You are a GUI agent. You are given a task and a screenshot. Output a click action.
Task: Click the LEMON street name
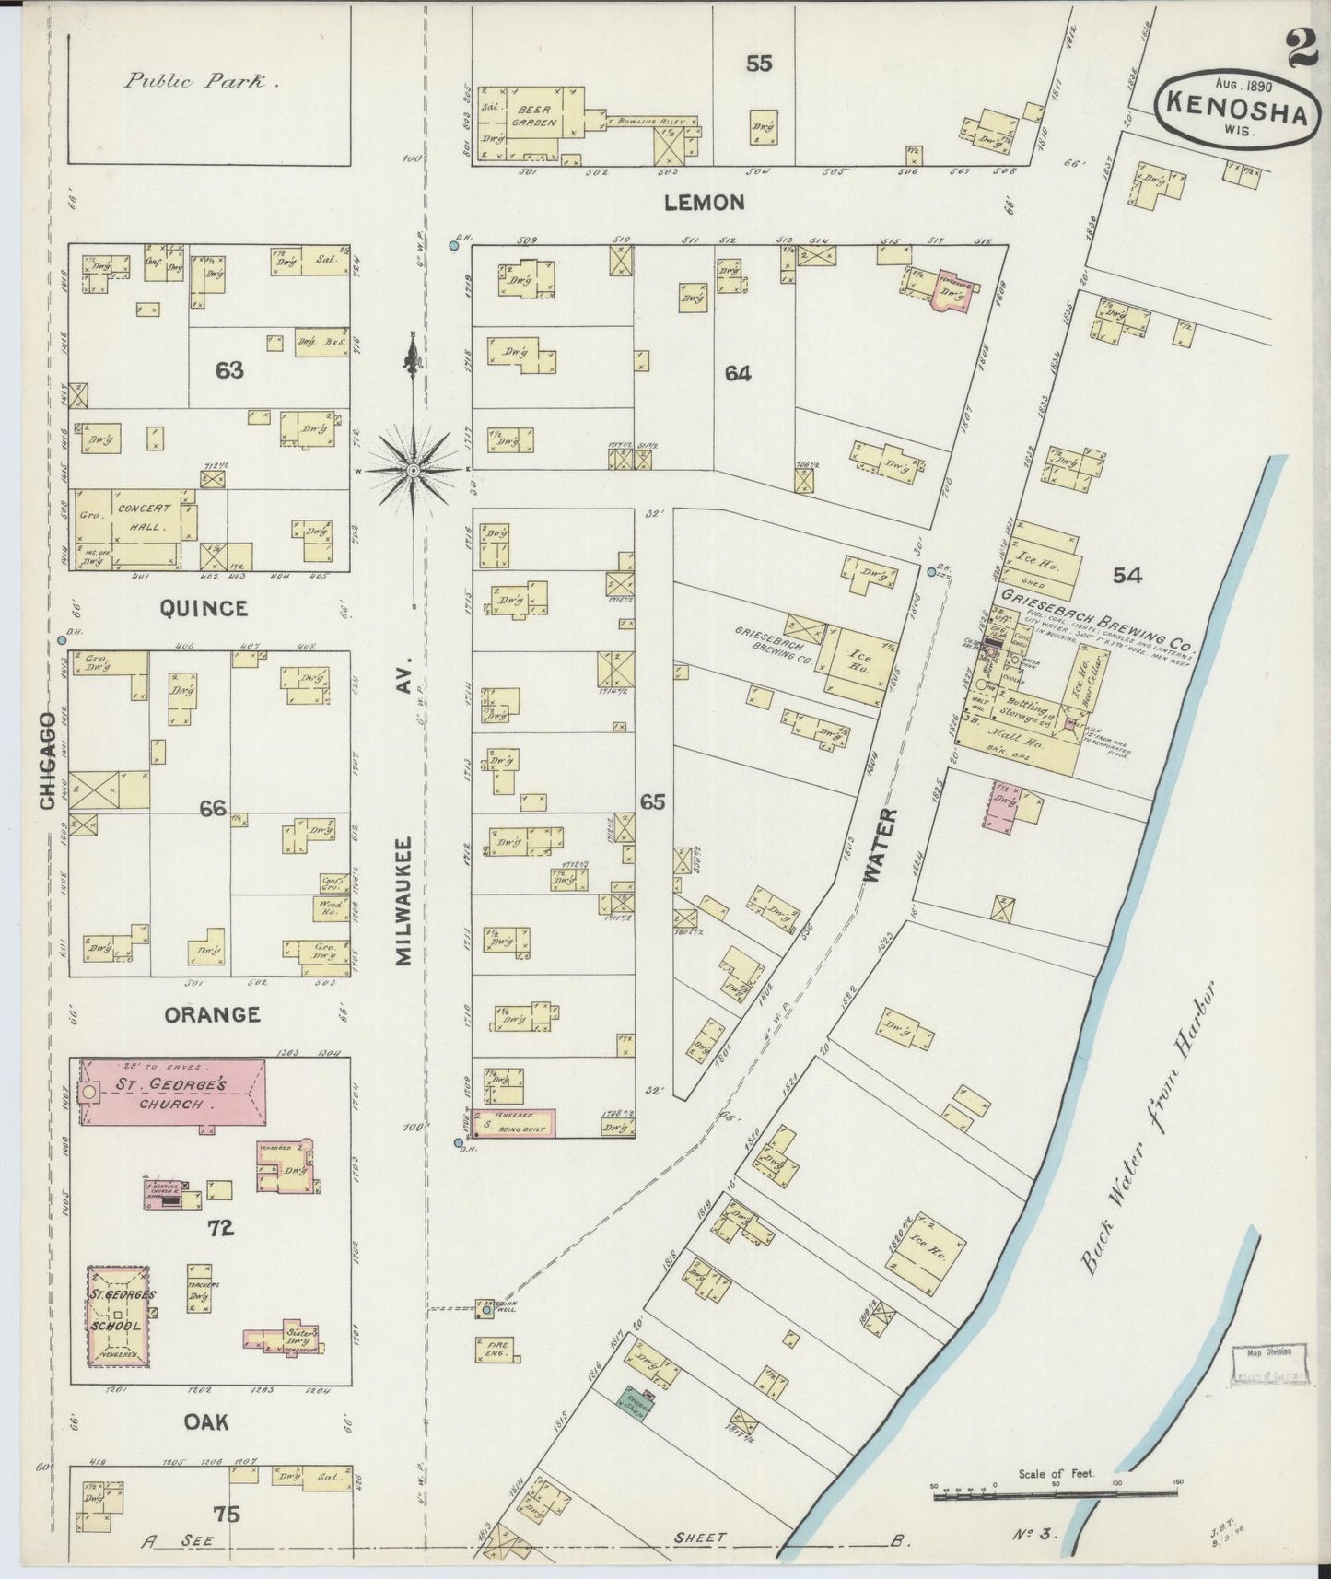pyautogui.click(x=705, y=202)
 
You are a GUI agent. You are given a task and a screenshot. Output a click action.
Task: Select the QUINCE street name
pyautogui.click(x=204, y=608)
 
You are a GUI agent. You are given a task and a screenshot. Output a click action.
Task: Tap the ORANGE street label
pyautogui.click(x=212, y=1014)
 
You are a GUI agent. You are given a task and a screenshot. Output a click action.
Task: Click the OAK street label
pyautogui.click(x=206, y=1422)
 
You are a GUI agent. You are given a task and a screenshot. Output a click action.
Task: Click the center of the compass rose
pyautogui.click(x=414, y=470)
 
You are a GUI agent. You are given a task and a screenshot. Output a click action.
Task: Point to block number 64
pyautogui.click(x=738, y=373)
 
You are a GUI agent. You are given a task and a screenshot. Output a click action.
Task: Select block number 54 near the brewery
pyautogui.click(x=1127, y=576)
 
